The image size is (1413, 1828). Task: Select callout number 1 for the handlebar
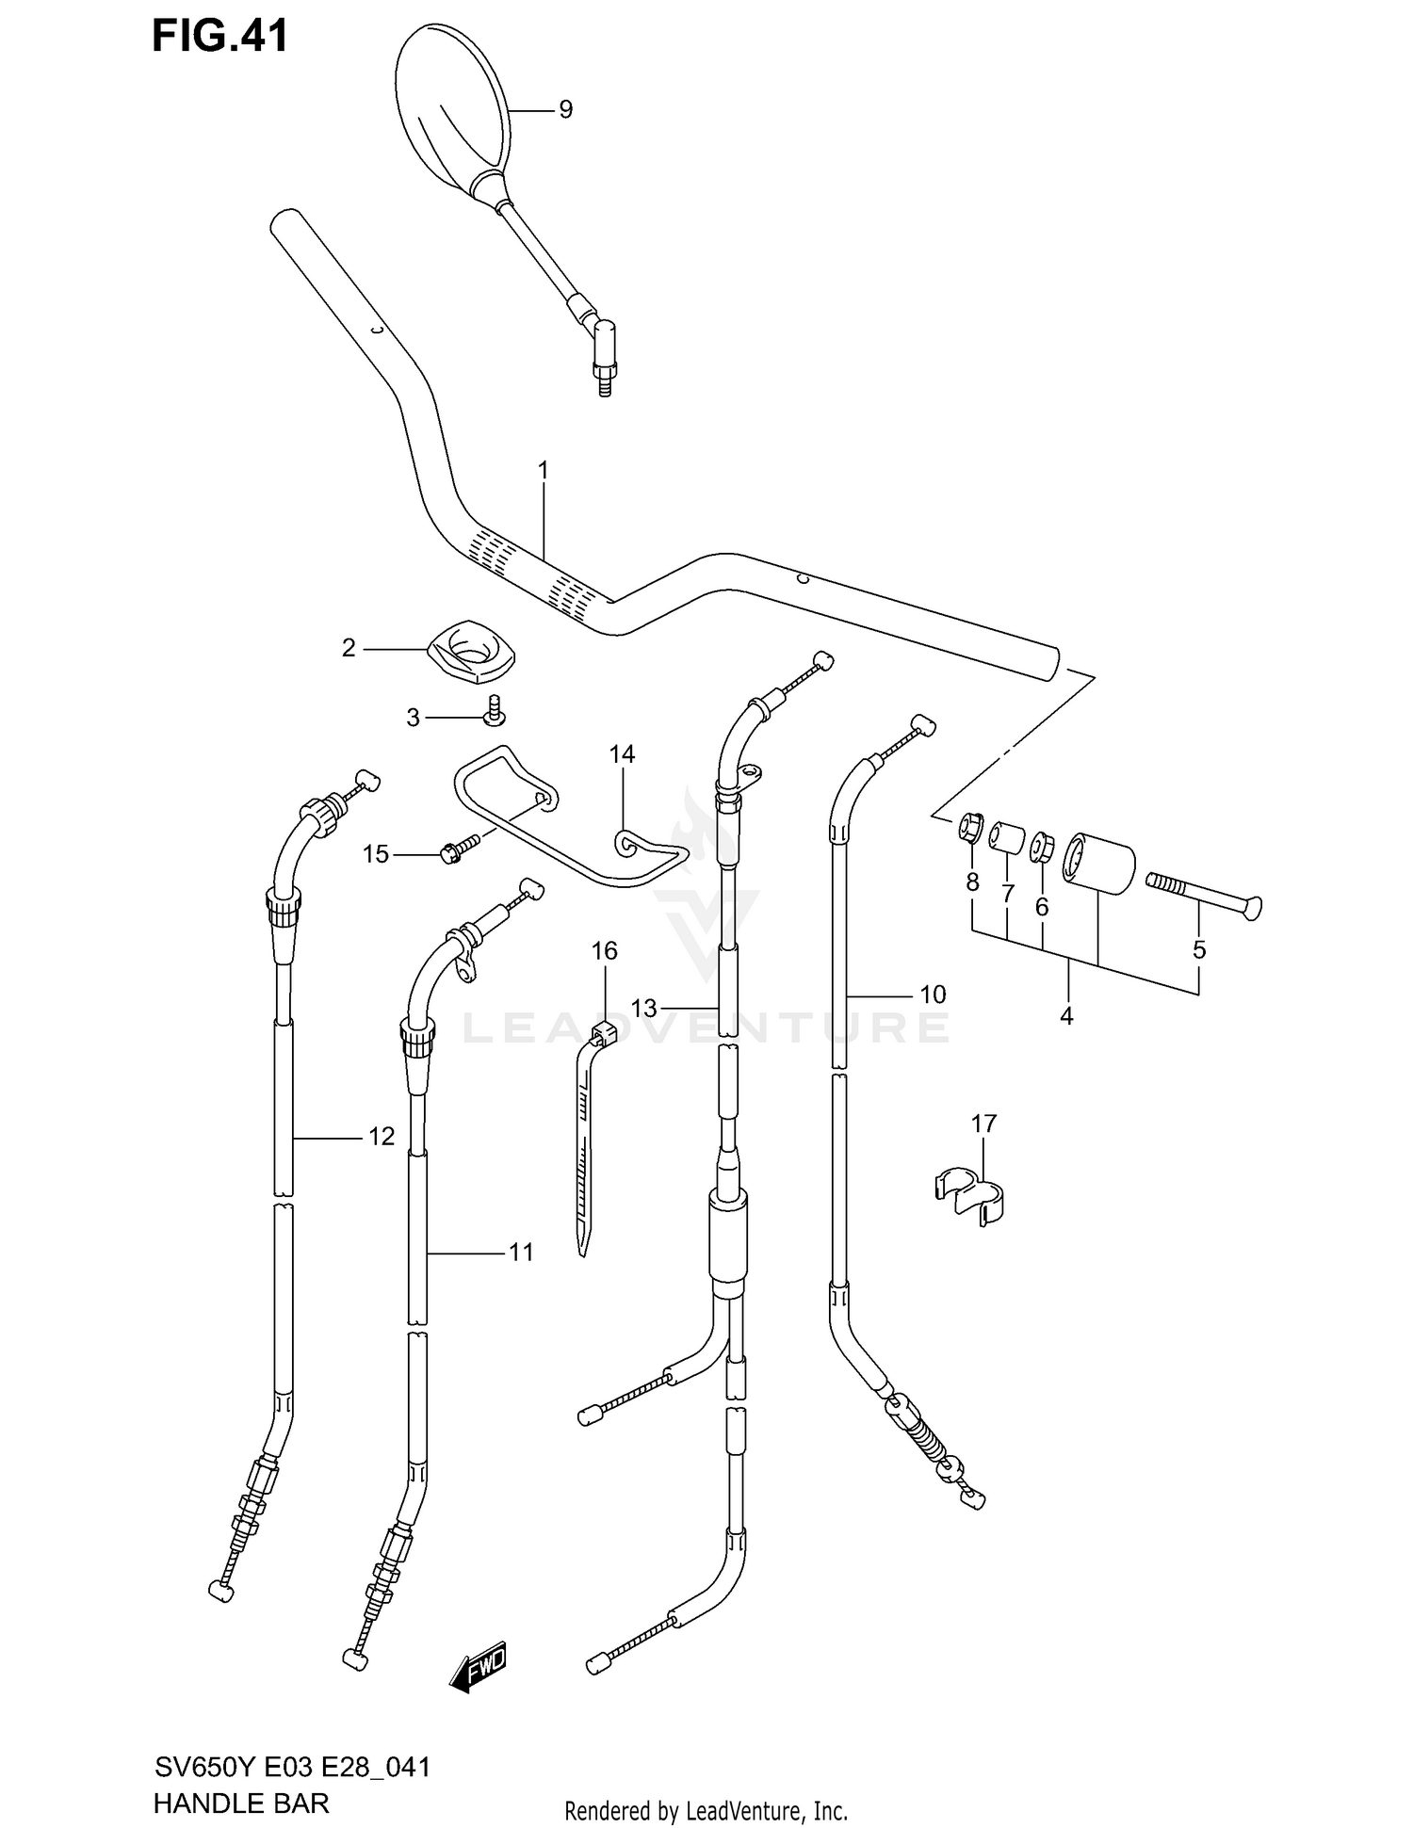click(543, 470)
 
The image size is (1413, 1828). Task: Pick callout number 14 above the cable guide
click(622, 754)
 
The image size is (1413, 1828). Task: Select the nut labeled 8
click(970, 828)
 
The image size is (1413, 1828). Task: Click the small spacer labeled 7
click(1006, 836)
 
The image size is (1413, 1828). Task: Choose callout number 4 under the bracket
click(1066, 1016)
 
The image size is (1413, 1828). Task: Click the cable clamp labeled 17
click(969, 1193)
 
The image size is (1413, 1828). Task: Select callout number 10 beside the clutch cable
click(932, 994)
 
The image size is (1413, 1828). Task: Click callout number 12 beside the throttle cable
click(381, 1137)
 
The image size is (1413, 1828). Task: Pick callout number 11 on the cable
click(521, 1252)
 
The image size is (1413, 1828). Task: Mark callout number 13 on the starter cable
click(643, 1008)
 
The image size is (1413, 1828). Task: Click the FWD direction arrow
click(480, 1668)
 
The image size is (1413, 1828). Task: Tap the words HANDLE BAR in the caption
click(241, 1803)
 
